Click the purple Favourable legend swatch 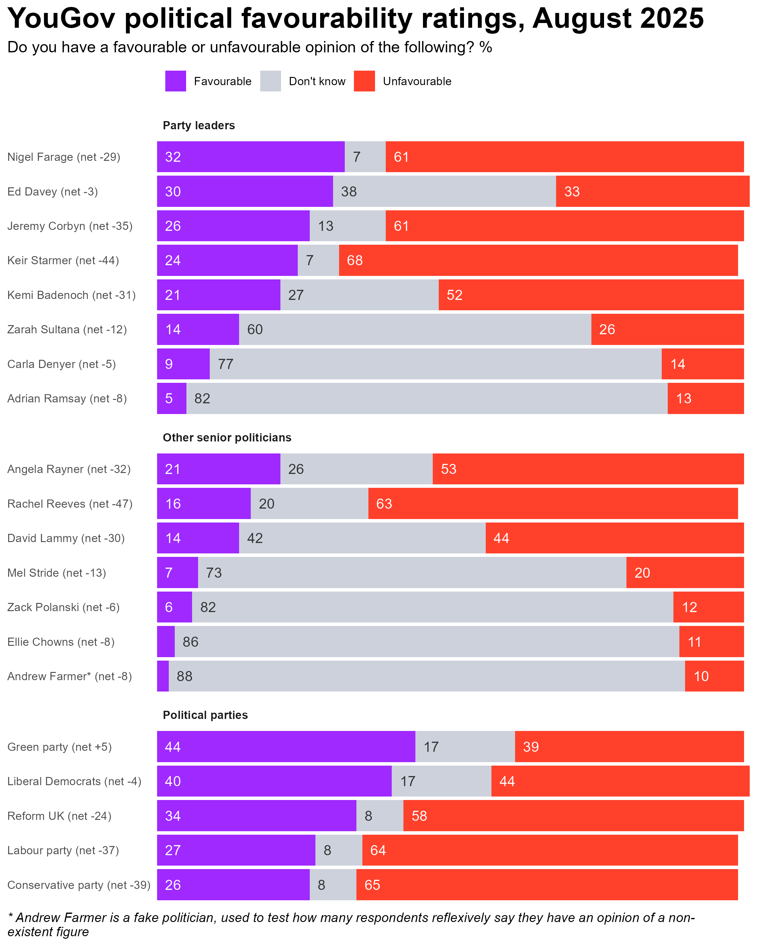pyautogui.click(x=176, y=81)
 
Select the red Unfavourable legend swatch pyautogui.click(x=364, y=81)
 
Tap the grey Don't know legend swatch pyautogui.click(x=270, y=81)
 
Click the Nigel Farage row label pyautogui.click(x=64, y=157)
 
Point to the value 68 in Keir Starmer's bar pyautogui.click(x=355, y=261)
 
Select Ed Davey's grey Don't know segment pyautogui.click(x=444, y=191)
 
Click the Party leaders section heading pyautogui.click(x=199, y=126)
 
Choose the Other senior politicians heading pyautogui.click(x=227, y=437)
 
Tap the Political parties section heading pyautogui.click(x=205, y=715)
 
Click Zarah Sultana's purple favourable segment pyautogui.click(x=198, y=330)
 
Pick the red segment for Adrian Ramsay pyautogui.click(x=706, y=398)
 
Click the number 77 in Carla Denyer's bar pyautogui.click(x=226, y=364)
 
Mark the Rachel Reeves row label pyautogui.click(x=70, y=504)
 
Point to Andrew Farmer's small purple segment pyautogui.click(x=163, y=676)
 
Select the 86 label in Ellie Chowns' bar pyautogui.click(x=191, y=642)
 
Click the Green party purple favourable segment pyautogui.click(x=286, y=747)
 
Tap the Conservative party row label pyautogui.click(x=79, y=885)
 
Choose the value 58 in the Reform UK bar pyautogui.click(x=419, y=816)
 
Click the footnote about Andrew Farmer pyautogui.click(x=351, y=924)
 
